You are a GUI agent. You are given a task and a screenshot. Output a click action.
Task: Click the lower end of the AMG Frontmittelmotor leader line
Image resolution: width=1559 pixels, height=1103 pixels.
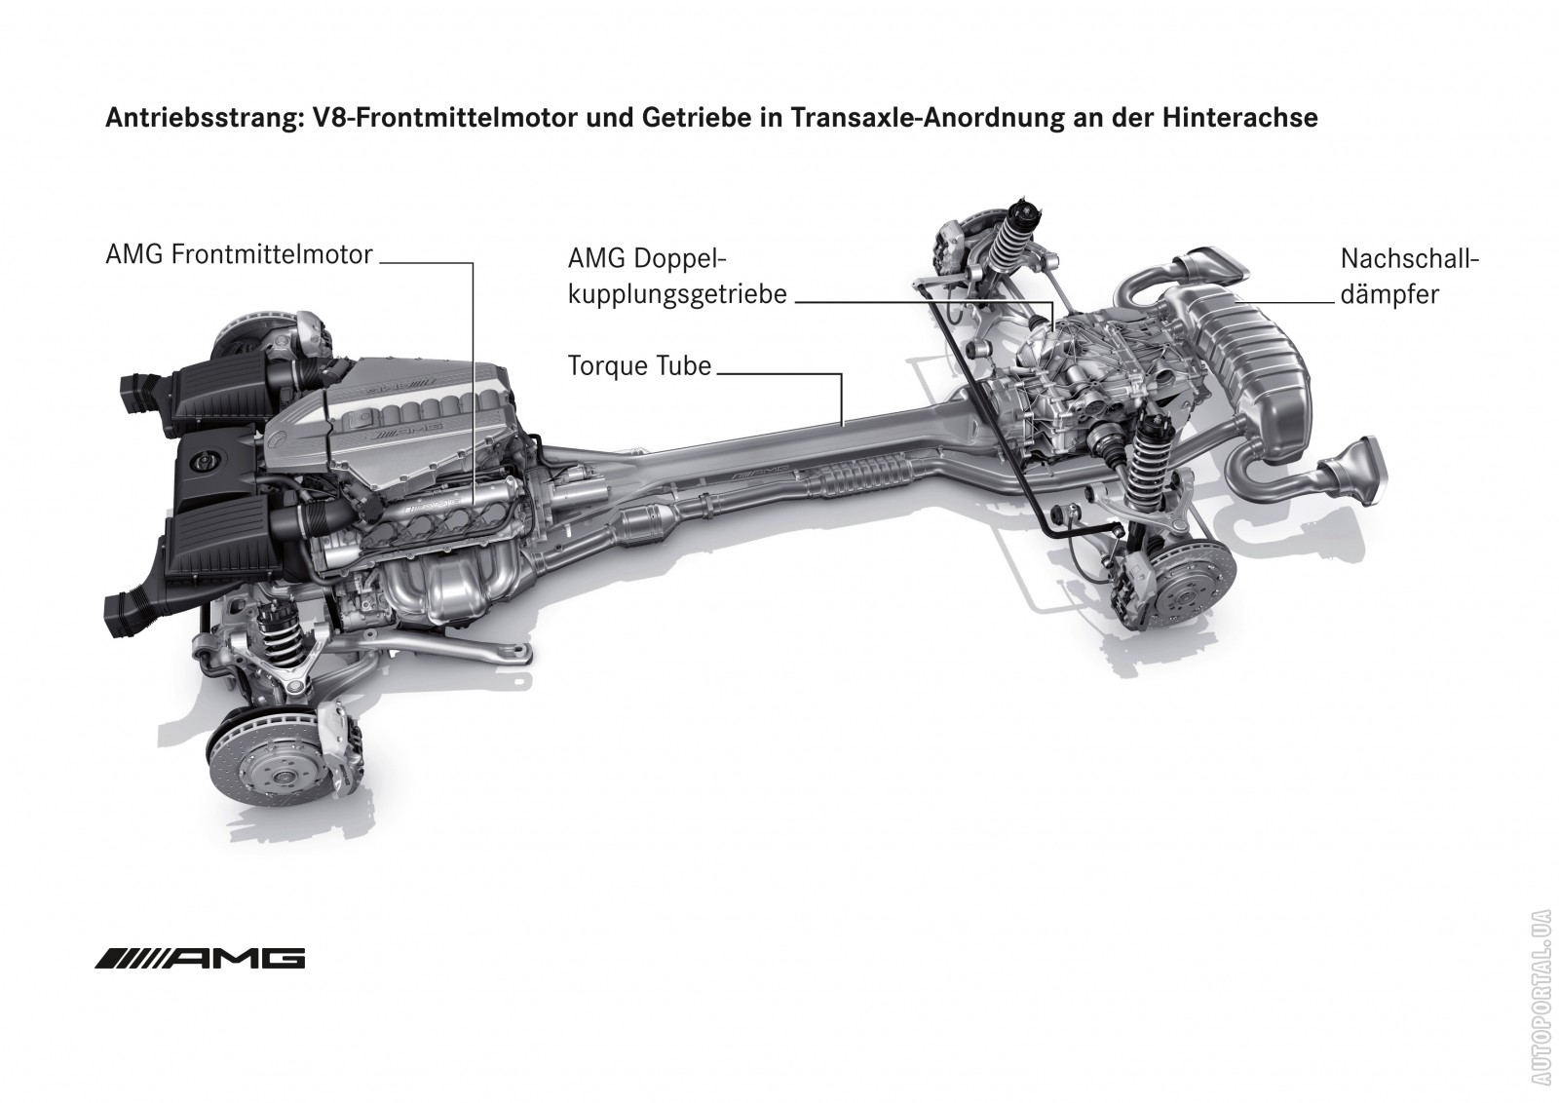pyautogui.click(x=474, y=508)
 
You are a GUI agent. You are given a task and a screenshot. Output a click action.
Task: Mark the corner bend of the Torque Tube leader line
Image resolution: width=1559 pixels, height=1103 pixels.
pyautogui.click(x=842, y=374)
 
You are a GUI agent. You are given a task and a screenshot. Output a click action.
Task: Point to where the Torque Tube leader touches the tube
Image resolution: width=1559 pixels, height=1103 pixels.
pyautogui.click(x=842, y=425)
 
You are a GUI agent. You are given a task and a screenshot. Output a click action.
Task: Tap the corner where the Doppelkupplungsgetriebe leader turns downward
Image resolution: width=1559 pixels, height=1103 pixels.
pyautogui.click(x=1053, y=303)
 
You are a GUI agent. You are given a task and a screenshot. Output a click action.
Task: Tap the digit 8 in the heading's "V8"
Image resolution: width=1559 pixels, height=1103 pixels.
pyautogui.click(x=337, y=118)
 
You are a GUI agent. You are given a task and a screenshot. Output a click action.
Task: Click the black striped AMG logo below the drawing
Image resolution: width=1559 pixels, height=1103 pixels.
pyautogui.click(x=201, y=958)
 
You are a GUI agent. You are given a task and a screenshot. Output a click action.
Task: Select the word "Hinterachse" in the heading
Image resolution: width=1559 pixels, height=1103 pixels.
pyautogui.click(x=1240, y=118)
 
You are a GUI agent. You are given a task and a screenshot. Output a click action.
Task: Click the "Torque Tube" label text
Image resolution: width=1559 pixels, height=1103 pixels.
pyautogui.click(x=639, y=366)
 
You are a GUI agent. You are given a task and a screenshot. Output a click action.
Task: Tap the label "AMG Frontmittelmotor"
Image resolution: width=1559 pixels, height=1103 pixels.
pyautogui.click(x=240, y=254)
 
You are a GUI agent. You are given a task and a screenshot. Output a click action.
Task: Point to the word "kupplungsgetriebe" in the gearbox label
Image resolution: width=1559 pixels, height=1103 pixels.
pyautogui.click(x=677, y=295)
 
